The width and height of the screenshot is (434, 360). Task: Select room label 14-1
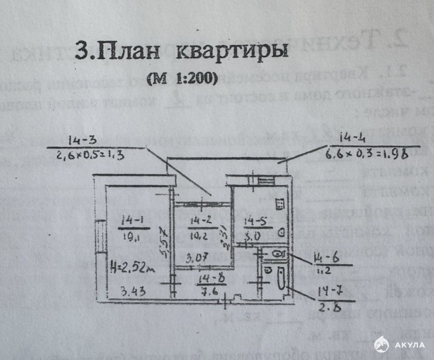tap(132, 220)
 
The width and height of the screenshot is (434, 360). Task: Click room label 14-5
tap(256, 221)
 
